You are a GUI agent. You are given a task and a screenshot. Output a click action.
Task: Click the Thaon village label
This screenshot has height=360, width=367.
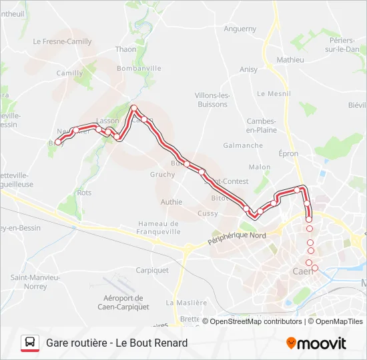pyautogui.click(x=125, y=49)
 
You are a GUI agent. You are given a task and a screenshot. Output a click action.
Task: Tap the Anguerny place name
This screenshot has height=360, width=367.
pyautogui.click(x=240, y=29)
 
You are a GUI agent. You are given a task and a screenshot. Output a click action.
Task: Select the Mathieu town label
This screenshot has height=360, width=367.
pyautogui.click(x=290, y=60)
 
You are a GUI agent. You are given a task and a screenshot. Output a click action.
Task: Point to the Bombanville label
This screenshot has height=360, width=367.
pyautogui.click(x=139, y=68)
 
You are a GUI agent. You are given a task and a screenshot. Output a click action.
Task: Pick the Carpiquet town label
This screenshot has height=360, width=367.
pyautogui.click(x=152, y=271)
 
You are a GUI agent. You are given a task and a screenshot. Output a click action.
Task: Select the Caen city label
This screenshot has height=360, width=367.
pyautogui.click(x=304, y=271)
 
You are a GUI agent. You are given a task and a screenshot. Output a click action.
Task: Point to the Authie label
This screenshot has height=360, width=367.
pyautogui.click(x=171, y=202)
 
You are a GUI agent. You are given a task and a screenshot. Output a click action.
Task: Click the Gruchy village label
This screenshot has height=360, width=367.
pyautogui.click(x=163, y=175)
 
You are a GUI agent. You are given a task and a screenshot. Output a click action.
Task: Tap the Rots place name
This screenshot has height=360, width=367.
pyautogui.click(x=85, y=193)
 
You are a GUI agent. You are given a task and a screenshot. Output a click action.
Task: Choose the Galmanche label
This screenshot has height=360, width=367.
pyautogui.click(x=243, y=145)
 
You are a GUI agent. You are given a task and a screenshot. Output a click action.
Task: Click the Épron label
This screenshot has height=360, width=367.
pyautogui.click(x=288, y=153)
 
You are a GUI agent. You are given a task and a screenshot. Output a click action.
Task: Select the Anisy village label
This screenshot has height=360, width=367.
pyautogui.click(x=248, y=69)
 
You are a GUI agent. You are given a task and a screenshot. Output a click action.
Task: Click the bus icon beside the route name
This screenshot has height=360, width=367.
pyautogui.click(x=30, y=343)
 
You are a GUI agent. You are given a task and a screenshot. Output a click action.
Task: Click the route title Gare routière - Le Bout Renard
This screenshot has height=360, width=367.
pyautogui.click(x=117, y=343)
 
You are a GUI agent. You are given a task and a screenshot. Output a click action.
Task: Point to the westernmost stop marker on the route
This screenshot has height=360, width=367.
pyautogui.click(x=58, y=142)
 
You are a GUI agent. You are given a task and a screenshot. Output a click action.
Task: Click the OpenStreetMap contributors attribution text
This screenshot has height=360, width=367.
pyautogui.click(x=256, y=321)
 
